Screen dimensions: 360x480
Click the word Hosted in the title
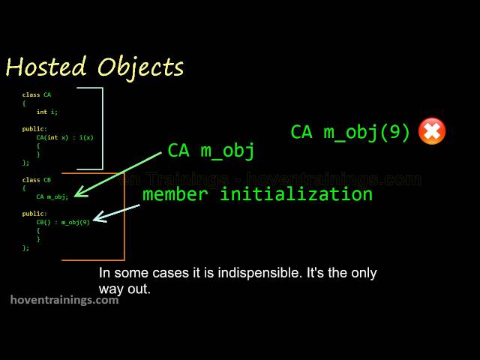(47, 67)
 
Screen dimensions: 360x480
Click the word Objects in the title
(140, 68)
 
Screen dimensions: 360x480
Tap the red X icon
(432, 131)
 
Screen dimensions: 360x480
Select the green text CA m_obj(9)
(350, 132)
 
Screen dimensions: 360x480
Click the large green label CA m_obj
(211, 150)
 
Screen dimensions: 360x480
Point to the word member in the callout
(175, 194)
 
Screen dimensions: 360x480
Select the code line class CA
(37, 95)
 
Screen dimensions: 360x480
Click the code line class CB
(37, 180)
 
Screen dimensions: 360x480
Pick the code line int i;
(46, 112)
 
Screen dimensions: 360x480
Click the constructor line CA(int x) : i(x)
(64, 137)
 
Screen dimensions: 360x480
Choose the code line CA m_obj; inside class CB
(52, 196)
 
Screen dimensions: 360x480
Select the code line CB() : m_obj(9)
(63, 222)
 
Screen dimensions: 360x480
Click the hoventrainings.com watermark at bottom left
(64, 300)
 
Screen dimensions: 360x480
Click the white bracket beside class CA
(101, 127)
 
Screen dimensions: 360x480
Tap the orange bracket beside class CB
(123, 217)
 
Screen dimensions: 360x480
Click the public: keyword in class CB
(34, 214)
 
